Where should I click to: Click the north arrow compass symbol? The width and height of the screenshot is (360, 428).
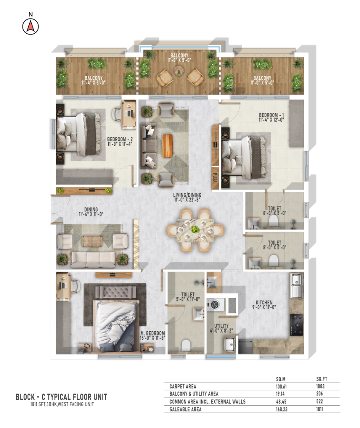30,27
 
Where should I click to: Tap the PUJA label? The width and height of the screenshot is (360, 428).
215,178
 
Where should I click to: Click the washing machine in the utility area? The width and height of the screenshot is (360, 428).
215,304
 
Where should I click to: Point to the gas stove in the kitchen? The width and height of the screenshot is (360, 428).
296,325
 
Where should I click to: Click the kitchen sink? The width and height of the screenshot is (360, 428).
296,285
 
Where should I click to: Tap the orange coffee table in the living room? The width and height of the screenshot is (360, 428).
167,146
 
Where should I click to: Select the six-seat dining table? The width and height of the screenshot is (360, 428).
195,230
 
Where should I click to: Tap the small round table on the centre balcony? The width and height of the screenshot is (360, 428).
179,72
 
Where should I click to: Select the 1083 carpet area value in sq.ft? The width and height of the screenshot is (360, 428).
320,386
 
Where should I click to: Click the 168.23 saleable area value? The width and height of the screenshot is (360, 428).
281,409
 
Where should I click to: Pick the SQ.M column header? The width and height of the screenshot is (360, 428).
281,379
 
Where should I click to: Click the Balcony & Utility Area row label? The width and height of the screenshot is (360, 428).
194,393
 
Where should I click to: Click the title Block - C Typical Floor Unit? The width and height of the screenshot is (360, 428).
61,397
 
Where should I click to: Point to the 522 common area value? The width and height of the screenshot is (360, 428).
320,401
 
